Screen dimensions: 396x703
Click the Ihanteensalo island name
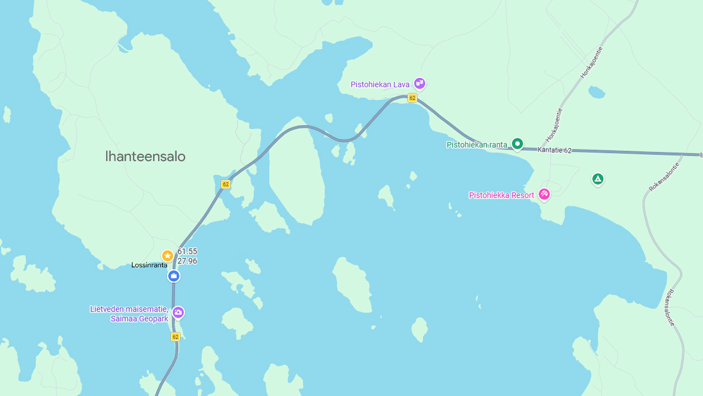pyautogui.click(x=145, y=157)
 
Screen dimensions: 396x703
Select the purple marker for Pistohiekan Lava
pyautogui.click(x=420, y=83)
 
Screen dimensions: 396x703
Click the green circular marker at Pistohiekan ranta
pyautogui.click(x=517, y=144)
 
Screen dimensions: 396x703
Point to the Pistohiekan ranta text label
pyautogui.click(x=477, y=145)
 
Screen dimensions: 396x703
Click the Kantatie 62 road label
pyautogui.click(x=554, y=150)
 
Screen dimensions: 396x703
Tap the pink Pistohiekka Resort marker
pyautogui.click(x=544, y=195)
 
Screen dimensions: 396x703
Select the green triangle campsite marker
pyautogui.click(x=598, y=179)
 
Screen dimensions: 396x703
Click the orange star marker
pyautogui.click(x=167, y=256)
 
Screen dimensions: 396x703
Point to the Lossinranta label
pyautogui.click(x=149, y=265)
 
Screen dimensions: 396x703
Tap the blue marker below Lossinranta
pyautogui.click(x=174, y=276)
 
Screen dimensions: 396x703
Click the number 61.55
pyautogui.click(x=187, y=252)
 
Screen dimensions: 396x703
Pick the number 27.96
pyautogui.click(x=187, y=261)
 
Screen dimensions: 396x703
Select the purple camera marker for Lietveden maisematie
pyautogui.click(x=178, y=312)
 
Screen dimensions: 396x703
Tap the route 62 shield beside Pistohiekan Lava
pyautogui.click(x=412, y=98)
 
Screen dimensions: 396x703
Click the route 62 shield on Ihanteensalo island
pyautogui.click(x=226, y=184)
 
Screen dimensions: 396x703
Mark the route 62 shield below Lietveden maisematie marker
pyautogui.click(x=175, y=337)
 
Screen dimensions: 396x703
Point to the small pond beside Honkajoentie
pyautogui.click(x=596, y=92)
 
